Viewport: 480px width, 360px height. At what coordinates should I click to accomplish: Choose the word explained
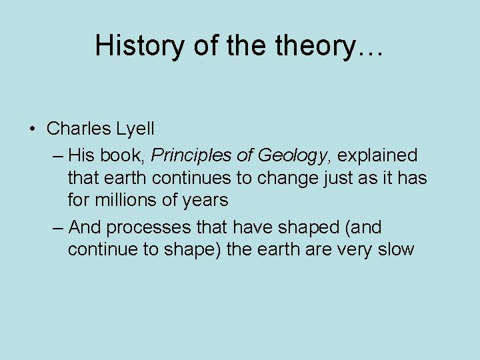tap(377, 156)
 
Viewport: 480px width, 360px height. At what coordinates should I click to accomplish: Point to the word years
tap(206, 200)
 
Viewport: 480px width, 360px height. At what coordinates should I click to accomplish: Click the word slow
tap(395, 250)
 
